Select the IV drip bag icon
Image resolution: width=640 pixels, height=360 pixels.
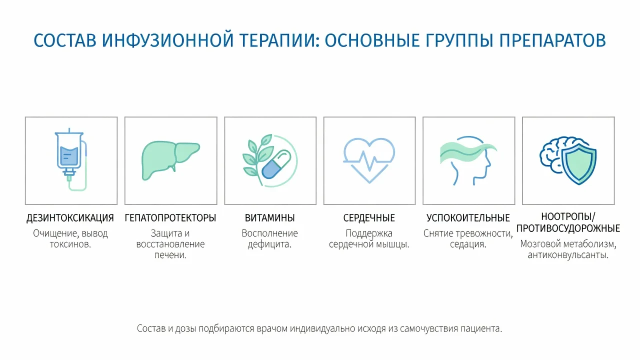click(71, 159)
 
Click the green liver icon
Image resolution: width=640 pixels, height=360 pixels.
click(170, 160)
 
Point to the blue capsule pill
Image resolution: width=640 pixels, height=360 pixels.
click(276, 164)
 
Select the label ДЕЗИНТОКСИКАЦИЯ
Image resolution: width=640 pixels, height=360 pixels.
click(70, 218)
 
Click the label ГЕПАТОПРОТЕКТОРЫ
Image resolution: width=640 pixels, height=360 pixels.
click(170, 218)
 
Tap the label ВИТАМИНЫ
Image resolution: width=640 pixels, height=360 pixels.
click(269, 218)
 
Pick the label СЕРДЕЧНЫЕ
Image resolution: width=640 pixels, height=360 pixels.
click(369, 218)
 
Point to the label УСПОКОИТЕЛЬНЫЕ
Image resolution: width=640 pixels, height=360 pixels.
click(468, 218)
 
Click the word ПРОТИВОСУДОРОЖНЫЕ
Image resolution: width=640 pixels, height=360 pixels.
click(568, 228)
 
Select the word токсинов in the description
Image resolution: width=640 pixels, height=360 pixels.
click(70, 244)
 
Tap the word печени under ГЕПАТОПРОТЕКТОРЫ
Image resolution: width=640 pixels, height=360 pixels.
click(170, 255)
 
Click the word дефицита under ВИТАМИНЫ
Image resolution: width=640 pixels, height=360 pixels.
click(269, 244)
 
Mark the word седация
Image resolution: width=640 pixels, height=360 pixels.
click(468, 244)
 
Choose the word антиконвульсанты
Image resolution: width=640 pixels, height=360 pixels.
click(568, 255)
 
